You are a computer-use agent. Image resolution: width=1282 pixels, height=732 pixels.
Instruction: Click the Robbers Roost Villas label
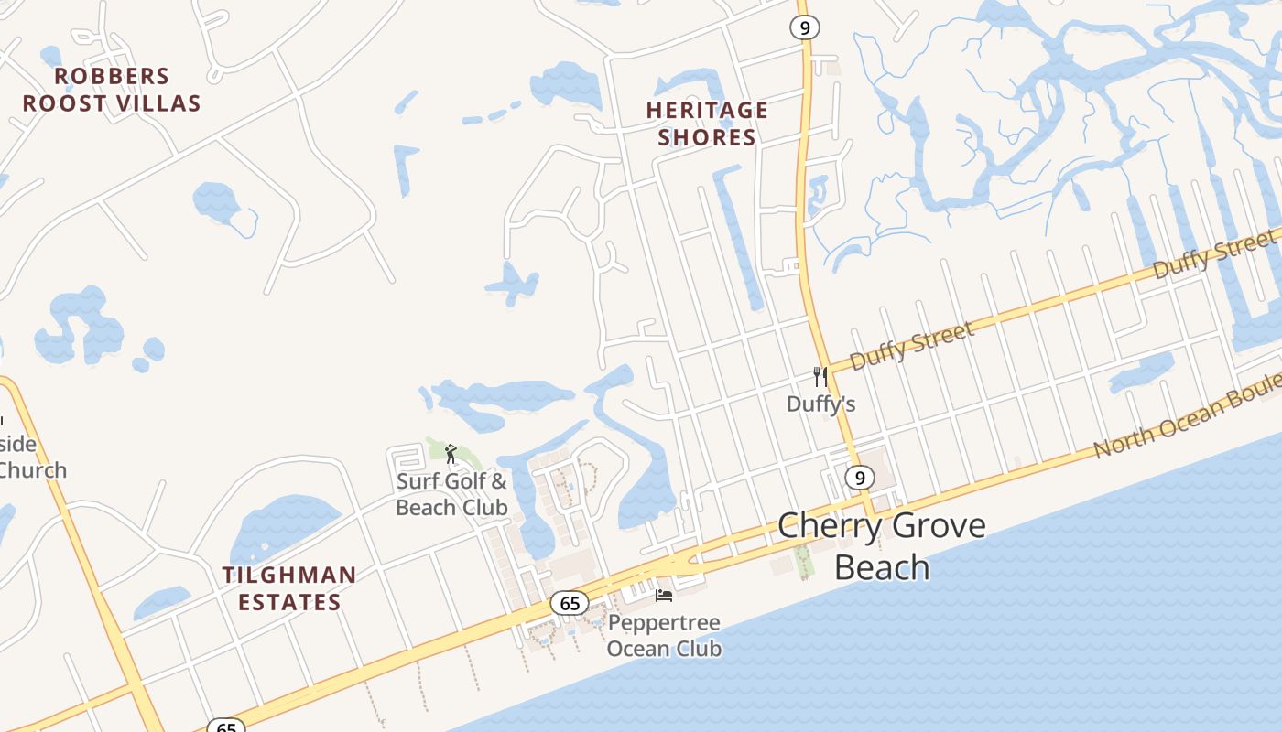click(112, 90)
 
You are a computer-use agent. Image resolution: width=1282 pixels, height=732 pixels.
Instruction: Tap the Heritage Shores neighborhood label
click(707, 124)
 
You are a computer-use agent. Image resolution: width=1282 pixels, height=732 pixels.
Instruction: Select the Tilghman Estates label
click(289, 588)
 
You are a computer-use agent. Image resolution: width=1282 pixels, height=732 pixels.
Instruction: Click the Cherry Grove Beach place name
click(881, 545)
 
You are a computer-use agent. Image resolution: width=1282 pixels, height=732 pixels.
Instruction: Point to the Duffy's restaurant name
click(821, 404)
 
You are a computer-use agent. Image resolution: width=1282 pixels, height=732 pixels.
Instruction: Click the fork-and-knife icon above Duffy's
click(820, 376)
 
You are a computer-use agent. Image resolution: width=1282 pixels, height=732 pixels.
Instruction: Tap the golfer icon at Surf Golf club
click(450, 454)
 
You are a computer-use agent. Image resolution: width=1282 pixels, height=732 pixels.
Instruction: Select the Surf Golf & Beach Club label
click(451, 494)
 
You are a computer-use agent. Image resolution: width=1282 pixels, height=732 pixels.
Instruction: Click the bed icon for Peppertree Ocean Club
click(664, 596)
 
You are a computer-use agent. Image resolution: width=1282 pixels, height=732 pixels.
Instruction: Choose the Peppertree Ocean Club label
click(665, 636)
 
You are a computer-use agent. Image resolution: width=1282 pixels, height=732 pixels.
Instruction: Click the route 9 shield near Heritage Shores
click(804, 27)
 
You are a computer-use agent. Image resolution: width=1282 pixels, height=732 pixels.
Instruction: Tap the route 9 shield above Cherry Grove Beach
click(858, 477)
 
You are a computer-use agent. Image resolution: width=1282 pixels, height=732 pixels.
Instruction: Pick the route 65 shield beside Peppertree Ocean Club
click(570, 603)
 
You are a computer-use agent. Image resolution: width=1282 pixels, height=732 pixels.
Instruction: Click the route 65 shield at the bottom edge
click(226, 727)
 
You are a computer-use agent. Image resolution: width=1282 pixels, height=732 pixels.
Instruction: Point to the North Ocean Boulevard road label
click(1186, 421)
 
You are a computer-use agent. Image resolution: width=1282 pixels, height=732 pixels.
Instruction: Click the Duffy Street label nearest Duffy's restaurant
click(912, 346)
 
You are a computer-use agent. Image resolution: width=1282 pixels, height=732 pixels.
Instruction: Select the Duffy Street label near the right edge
click(1213, 253)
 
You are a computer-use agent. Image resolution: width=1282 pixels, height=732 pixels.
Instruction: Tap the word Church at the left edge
click(33, 470)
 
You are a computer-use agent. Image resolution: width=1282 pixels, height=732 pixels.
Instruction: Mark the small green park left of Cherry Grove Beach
click(804, 560)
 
